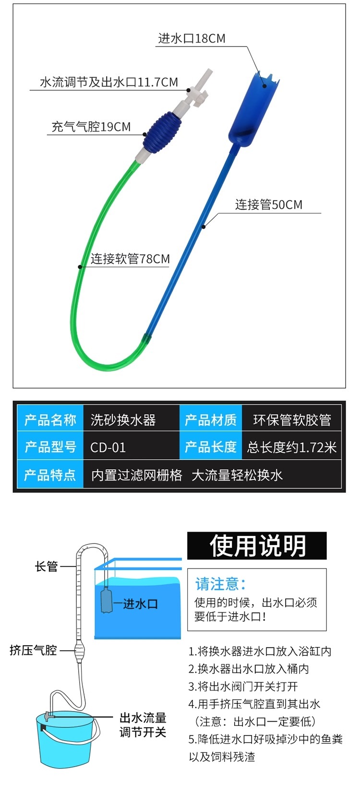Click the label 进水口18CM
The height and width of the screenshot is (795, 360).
click(x=192, y=39)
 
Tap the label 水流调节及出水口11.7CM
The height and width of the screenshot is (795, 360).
click(x=109, y=83)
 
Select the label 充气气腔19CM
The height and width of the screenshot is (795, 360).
click(x=91, y=127)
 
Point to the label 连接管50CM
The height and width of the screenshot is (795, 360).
click(x=269, y=205)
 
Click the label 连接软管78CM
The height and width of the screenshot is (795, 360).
click(x=130, y=259)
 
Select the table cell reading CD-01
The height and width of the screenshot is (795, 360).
click(x=108, y=448)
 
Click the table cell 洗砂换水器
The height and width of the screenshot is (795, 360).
click(x=123, y=420)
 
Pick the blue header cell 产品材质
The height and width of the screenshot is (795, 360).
click(x=211, y=420)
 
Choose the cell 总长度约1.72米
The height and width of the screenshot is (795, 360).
click(x=292, y=448)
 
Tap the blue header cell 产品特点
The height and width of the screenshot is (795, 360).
click(x=50, y=475)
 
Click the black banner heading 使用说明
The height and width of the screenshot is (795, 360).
click(x=257, y=546)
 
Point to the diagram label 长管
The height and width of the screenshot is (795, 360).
click(x=46, y=567)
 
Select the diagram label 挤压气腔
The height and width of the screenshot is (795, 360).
click(x=34, y=651)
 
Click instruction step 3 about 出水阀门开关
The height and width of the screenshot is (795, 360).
click(x=243, y=687)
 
